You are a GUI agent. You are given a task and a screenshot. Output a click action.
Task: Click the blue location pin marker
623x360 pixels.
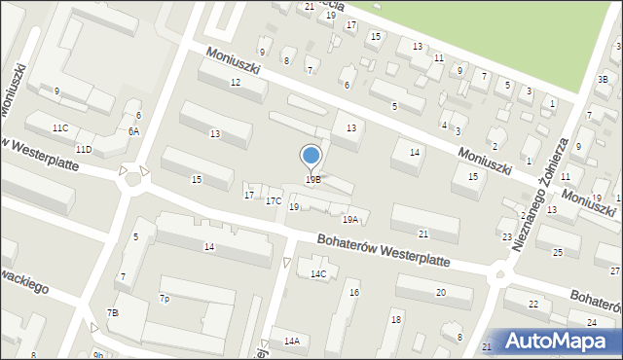click(x=311, y=156)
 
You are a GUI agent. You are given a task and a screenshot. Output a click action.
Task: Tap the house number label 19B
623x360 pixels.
click(x=312, y=180)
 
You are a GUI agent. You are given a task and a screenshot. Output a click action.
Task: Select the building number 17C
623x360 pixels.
click(x=274, y=201)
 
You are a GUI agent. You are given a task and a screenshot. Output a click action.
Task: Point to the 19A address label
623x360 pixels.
click(x=349, y=220)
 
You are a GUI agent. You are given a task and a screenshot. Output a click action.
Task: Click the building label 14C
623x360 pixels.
click(x=318, y=274)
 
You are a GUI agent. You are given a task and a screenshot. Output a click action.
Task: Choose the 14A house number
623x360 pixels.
click(x=291, y=342)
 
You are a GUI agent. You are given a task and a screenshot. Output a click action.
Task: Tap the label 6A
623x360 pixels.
click(x=133, y=131)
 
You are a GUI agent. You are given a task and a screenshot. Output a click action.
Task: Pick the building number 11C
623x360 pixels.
click(x=60, y=128)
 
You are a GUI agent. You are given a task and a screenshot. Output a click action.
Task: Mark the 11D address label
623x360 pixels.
click(x=84, y=149)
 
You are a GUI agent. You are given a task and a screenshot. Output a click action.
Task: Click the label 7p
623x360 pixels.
click(x=165, y=299)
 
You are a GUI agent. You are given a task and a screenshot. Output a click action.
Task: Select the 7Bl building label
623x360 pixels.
click(x=113, y=312)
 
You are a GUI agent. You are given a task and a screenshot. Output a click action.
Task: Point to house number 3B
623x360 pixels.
click(x=603, y=80)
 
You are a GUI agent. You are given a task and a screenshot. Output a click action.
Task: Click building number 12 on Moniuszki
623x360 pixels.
click(x=235, y=83)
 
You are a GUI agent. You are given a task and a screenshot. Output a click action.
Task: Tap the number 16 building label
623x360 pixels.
click(x=354, y=293)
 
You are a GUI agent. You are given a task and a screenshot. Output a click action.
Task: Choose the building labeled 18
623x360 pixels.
click(x=395, y=319)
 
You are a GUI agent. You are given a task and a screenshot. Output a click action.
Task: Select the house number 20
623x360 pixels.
click(x=440, y=293)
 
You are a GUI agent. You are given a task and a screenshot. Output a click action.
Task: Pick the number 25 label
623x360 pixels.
click(x=558, y=253)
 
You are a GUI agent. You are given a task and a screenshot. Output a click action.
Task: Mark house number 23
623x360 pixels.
click(x=507, y=237)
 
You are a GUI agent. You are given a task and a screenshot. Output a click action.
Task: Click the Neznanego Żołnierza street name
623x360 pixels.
click(x=539, y=195)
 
